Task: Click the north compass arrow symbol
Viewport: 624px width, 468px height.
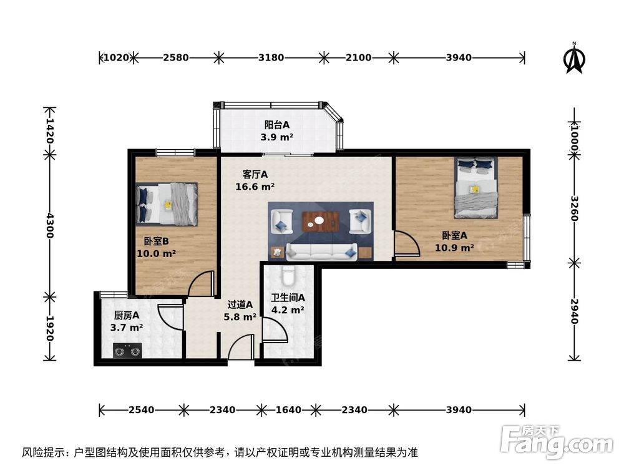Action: [574, 57]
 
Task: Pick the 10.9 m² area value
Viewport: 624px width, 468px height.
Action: [454, 247]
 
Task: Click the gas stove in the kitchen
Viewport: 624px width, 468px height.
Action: [127, 351]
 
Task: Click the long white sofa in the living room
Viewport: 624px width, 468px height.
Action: [321, 251]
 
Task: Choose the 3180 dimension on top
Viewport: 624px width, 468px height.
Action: [271, 58]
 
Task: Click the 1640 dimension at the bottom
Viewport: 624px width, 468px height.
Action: [288, 410]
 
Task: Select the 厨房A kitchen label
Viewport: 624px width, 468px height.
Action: [126, 315]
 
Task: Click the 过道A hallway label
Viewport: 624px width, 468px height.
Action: [240, 305]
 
